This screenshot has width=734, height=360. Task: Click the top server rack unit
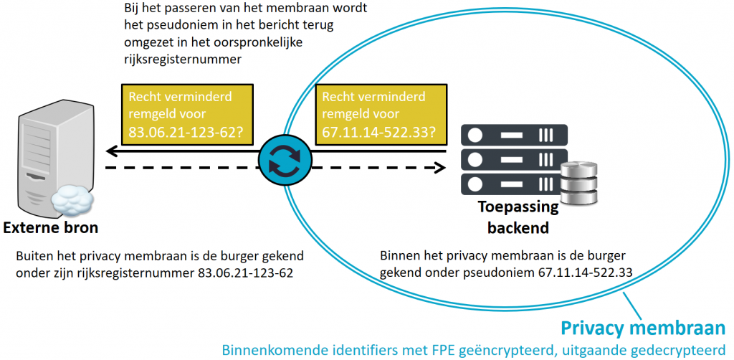pyautogui.click(x=514, y=134)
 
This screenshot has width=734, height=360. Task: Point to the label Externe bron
pyautogui.click(x=50, y=228)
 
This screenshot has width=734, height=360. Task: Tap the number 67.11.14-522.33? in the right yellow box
pyautogui.click(x=378, y=132)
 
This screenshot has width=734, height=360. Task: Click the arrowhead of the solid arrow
pyautogui.click(x=112, y=151)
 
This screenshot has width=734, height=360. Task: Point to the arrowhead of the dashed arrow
pyautogui.click(x=439, y=168)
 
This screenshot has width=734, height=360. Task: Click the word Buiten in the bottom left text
pyautogui.click(x=33, y=256)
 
